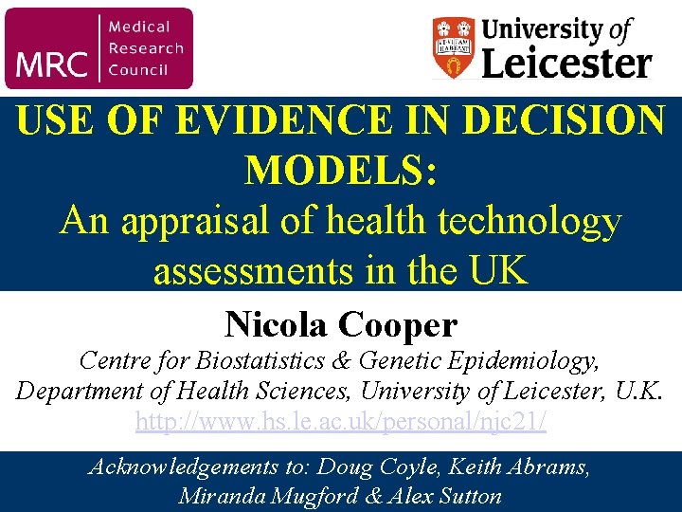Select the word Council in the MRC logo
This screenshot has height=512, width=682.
pyautogui.click(x=138, y=68)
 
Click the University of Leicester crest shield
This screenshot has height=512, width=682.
pyautogui.click(x=453, y=47)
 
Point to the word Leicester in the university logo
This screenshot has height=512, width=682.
pyautogui.click(x=566, y=64)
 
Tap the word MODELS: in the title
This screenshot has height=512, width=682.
pyautogui.click(x=341, y=171)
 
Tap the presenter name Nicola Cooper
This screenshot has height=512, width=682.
pyautogui.click(x=341, y=325)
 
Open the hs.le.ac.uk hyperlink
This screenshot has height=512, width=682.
pyautogui.click(x=341, y=421)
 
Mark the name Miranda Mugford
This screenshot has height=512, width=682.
pyautogui.click(x=252, y=495)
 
